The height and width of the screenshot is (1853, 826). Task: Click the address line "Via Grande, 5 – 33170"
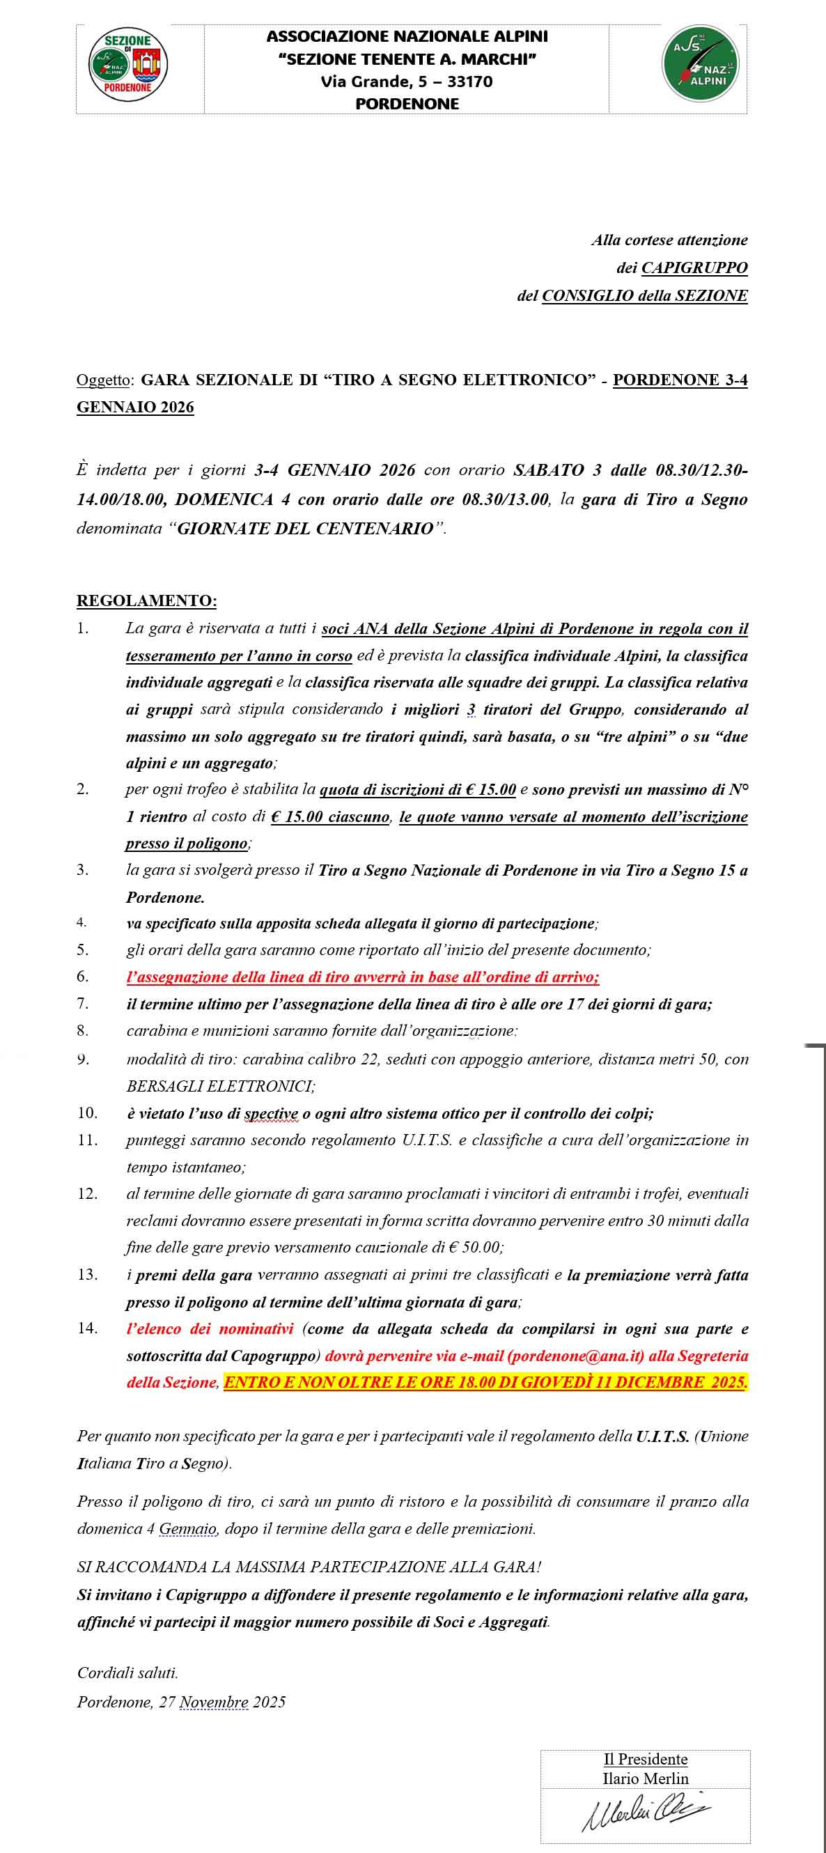click(407, 82)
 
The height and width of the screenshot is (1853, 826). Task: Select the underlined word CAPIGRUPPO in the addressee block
click(694, 268)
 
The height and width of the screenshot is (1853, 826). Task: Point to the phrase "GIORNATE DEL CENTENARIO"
click(306, 529)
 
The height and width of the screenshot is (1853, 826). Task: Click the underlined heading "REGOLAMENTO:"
click(147, 600)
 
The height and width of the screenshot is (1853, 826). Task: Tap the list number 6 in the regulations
click(84, 977)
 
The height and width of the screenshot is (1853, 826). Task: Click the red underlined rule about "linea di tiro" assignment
click(362, 977)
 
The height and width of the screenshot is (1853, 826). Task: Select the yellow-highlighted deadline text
click(486, 1382)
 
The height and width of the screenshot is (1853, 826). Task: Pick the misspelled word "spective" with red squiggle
click(271, 1113)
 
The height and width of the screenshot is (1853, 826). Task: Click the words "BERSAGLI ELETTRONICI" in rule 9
click(221, 1086)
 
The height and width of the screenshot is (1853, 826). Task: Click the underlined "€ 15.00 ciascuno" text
click(330, 817)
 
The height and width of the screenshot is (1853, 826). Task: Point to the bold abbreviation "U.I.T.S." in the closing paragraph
click(662, 1436)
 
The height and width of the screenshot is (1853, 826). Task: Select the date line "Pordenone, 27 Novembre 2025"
click(181, 1703)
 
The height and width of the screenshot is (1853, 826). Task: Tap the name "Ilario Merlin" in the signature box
click(645, 1778)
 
